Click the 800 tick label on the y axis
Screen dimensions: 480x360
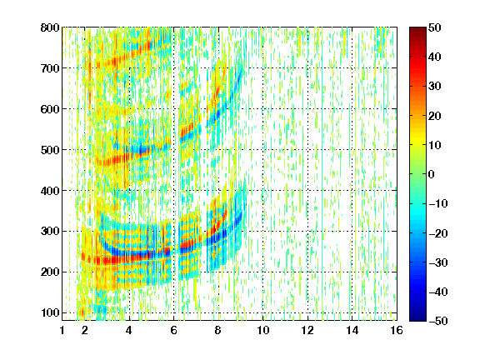(x=50, y=27)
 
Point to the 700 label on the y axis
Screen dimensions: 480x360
(x=50, y=68)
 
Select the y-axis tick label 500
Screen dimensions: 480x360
(x=50, y=150)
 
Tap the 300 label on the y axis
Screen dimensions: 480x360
(x=50, y=232)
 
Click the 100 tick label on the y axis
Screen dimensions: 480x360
(x=50, y=312)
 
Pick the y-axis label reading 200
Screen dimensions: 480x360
(x=50, y=272)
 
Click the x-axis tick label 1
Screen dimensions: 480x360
(x=62, y=330)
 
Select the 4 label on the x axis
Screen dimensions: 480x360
(x=129, y=330)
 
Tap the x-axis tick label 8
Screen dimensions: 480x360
(x=218, y=330)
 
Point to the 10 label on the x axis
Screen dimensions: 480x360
(x=262, y=330)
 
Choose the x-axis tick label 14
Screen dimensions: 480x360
(x=352, y=330)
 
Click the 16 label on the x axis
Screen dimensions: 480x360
(x=397, y=330)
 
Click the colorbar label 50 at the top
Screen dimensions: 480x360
(x=434, y=27)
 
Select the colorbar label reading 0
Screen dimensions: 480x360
(x=431, y=174)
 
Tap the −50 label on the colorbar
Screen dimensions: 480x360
(x=438, y=321)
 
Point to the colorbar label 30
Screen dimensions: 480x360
(x=434, y=87)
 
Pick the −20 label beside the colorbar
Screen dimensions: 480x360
(x=438, y=233)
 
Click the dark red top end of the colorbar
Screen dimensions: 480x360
(x=417, y=29)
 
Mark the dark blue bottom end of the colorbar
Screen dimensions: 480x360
(x=417, y=319)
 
